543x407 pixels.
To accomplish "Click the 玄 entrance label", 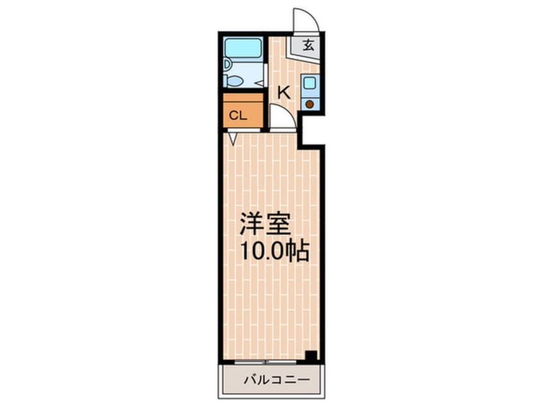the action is click(308, 45).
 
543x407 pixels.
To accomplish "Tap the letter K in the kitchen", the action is click(284, 92).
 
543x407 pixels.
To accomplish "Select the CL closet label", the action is click(238, 116).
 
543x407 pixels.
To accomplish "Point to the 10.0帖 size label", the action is click(274, 251).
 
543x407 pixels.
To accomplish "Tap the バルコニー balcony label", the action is click(277, 380).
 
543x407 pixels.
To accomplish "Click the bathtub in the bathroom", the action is click(243, 48).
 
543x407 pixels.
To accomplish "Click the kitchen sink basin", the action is click(309, 83).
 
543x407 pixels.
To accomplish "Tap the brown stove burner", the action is click(309, 104).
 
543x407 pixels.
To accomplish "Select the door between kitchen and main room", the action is click(282, 117).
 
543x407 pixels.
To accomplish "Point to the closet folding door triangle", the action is click(233, 139).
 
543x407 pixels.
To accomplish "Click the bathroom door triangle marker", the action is click(259, 83).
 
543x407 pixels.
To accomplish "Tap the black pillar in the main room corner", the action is click(311, 356).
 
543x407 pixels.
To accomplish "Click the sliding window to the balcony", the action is click(266, 362).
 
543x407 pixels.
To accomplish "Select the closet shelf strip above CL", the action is click(243, 98).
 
